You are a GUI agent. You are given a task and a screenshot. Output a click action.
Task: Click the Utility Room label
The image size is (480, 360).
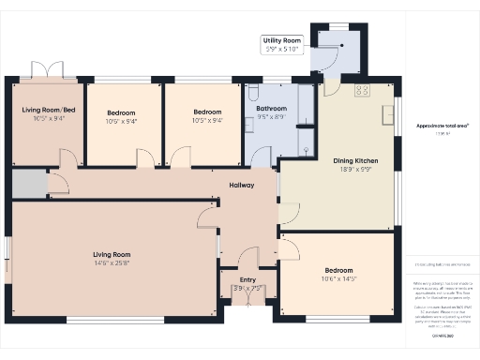point(281,41)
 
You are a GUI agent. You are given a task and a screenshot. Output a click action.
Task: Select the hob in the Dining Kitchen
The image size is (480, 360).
point(362,90)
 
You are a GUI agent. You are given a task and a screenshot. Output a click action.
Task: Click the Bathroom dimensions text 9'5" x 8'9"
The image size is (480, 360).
point(272,116)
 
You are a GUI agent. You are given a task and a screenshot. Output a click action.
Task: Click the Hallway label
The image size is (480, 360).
point(242,185)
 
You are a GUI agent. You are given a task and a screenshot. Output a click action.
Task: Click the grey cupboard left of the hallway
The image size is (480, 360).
point(27,184)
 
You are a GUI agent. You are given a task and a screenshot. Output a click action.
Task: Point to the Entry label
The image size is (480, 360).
point(247,279)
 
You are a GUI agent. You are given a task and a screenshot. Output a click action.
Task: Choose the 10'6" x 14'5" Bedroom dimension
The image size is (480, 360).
point(338,278)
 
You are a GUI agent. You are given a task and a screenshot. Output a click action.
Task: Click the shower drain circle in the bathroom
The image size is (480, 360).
point(307,148)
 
